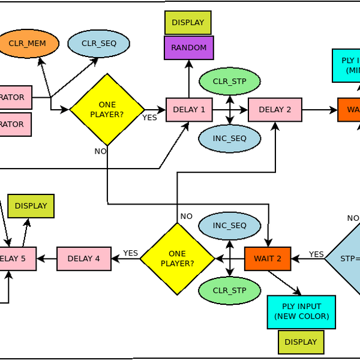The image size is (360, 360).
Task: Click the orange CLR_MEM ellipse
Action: click(28, 44)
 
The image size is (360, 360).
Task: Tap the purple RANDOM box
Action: click(189, 48)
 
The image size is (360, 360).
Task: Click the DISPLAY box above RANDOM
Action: click(188, 23)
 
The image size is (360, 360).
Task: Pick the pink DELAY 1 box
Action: click(189, 110)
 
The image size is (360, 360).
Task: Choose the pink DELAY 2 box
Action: click(275, 110)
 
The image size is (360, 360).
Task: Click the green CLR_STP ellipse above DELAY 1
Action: click(230, 81)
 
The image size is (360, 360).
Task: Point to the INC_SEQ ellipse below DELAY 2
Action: click(230, 139)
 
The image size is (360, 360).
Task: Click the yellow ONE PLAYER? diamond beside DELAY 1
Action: click(107, 110)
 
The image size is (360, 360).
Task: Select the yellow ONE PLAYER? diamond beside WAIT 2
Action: click(177, 259)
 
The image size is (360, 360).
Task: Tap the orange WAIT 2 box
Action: click(268, 259)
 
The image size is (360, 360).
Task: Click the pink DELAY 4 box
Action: click(84, 259)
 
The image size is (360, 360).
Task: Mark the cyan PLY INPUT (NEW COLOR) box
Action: click(301, 312)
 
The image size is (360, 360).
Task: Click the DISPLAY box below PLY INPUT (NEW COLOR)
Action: click(301, 342)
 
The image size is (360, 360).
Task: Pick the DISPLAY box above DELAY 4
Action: click(31, 206)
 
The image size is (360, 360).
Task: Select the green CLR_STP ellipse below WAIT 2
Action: click(230, 291)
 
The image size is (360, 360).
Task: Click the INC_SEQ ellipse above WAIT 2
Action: click(230, 226)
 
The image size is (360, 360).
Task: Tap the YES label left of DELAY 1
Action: click(149, 118)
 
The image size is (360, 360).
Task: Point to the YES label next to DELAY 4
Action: click(131, 253)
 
